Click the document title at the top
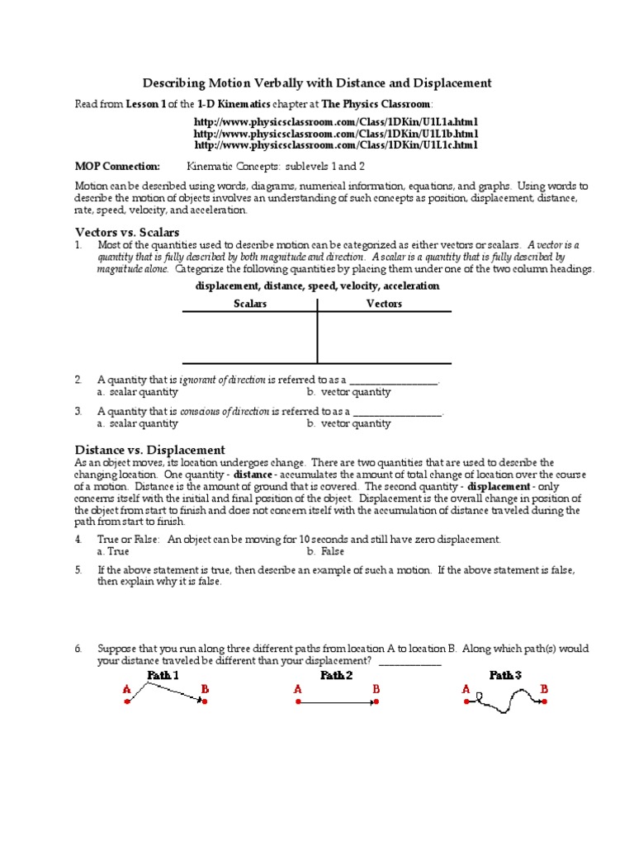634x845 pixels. point(318,83)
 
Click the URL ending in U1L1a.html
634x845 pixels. point(335,122)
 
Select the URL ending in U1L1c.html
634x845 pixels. point(335,145)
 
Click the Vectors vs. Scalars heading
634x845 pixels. point(127,232)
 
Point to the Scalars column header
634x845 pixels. point(250,304)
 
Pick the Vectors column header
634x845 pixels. point(384,304)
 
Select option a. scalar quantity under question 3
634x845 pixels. point(137,423)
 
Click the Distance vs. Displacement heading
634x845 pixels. point(149,450)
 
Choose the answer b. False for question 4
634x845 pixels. point(325,550)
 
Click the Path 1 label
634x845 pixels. point(163,675)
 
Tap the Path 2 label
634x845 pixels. point(336,675)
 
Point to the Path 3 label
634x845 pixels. point(505,675)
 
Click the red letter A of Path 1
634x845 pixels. point(127,689)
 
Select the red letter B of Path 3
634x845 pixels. point(544,688)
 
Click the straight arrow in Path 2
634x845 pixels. point(336,702)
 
